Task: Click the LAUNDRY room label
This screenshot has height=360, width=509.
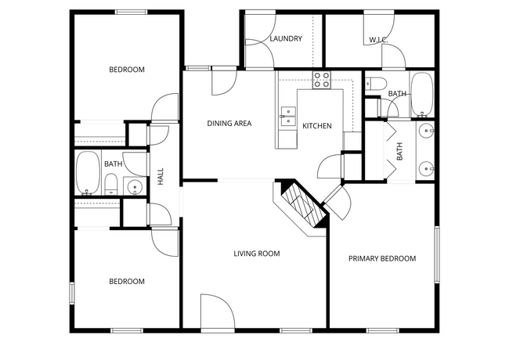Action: click(285, 38)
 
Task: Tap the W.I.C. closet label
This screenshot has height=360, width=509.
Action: click(379, 39)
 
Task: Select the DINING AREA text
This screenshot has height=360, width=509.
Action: click(229, 123)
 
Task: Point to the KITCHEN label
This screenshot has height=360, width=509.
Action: click(317, 126)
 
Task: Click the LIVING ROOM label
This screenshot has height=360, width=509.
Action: click(256, 254)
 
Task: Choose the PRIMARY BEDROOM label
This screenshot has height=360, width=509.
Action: click(382, 258)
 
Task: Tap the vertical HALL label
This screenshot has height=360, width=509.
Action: click(161, 177)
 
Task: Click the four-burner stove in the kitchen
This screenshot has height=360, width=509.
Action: click(322, 77)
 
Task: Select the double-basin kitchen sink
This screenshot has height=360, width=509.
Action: click(287, 117)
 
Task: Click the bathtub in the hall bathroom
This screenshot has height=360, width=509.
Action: click(88, 172)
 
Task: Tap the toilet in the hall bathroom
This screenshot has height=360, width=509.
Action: click(110, 186)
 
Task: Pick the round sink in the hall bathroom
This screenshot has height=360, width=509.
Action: click(134, 186)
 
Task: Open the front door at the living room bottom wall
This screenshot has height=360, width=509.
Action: click(217, 311)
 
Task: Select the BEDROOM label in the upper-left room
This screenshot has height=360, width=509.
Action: click(126, 70)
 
